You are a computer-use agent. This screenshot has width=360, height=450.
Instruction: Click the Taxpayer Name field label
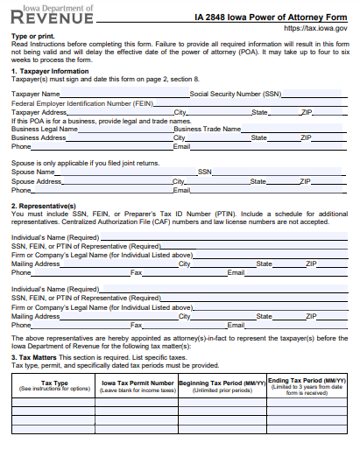coord(36,93)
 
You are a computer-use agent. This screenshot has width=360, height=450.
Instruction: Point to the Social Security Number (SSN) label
coord(236,93)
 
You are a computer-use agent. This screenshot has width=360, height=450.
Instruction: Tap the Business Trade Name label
coord(207,129)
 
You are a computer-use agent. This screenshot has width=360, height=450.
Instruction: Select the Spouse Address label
coord(36,181)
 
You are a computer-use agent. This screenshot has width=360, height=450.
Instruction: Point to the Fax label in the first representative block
coord(136,273)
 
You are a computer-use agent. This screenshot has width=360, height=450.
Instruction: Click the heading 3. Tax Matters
coord(36,357)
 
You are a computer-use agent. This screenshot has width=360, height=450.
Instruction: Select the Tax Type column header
coord(54,383)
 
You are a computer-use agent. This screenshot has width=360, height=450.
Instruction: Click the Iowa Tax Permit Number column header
coord(138,383)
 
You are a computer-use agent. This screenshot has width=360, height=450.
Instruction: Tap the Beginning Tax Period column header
coord(222,383)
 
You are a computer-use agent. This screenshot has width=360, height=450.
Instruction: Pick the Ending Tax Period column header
coord(307,381)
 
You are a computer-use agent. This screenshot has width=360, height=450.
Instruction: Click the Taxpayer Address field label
coord(39,112)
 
